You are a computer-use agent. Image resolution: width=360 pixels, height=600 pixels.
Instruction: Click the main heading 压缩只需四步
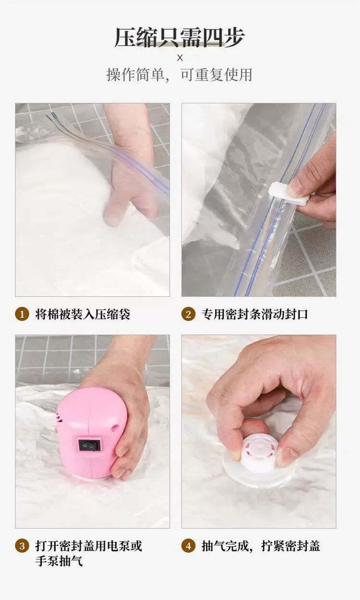click(180, 38)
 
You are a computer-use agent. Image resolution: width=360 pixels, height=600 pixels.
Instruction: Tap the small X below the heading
click(180, 58)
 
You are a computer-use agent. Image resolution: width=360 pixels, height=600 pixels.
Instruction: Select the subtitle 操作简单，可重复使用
click(180, 75)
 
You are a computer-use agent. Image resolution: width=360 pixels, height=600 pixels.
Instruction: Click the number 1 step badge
click(22, 314)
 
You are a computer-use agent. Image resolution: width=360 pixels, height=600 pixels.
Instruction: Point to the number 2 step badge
click(189, 314)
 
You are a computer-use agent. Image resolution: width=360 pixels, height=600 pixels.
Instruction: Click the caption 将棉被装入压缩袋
click(83, 314)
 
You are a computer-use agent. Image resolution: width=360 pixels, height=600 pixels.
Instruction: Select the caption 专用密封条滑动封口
click(255, 314)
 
